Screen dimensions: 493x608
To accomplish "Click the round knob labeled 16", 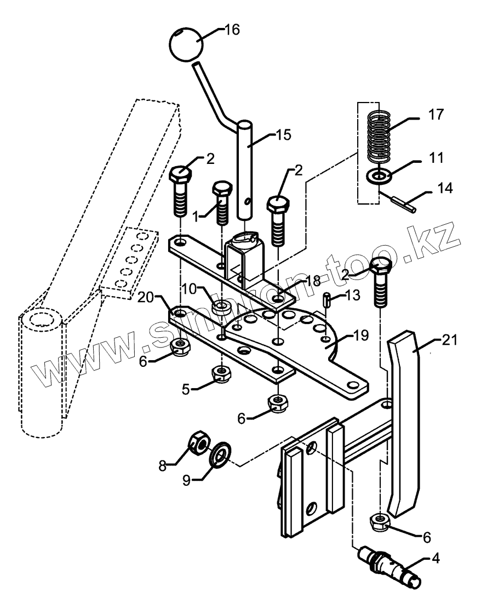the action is click(186, 44).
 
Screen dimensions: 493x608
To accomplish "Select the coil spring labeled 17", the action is click(379, 137).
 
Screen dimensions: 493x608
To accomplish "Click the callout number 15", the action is click(283, 135).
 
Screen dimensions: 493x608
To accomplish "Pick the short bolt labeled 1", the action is click(222, 203).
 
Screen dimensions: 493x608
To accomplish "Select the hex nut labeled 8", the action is click(198, 445).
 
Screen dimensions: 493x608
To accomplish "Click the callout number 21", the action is click(450, 340).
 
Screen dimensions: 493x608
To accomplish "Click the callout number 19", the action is click(361, 335).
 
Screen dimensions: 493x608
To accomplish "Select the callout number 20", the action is click(146, 297).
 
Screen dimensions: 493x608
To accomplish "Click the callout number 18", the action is click(312, 280).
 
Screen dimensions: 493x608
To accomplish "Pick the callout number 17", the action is click(435, 115).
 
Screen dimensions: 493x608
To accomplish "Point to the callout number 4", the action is click(435, 559).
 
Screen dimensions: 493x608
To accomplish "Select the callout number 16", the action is click(232, 30).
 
